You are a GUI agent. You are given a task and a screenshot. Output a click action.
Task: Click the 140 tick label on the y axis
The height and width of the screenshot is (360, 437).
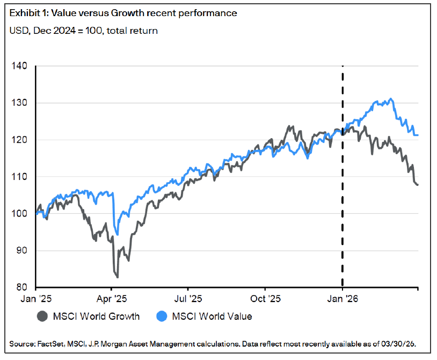[19, 66]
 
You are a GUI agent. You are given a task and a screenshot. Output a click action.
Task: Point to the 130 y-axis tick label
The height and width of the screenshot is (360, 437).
[19, 103]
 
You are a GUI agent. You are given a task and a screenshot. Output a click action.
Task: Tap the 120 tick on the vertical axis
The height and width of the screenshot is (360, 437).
[19, 140]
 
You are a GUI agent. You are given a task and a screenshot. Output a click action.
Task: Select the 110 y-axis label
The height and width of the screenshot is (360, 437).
[19, 177]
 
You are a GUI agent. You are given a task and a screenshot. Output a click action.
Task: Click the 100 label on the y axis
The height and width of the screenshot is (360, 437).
[19, 214]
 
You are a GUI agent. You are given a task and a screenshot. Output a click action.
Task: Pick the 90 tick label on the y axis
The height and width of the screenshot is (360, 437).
[20, 251]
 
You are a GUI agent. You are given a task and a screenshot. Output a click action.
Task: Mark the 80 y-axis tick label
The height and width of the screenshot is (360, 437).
[20, 287]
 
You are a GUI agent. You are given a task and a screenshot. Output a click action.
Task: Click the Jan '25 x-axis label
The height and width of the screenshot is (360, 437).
[36, 298]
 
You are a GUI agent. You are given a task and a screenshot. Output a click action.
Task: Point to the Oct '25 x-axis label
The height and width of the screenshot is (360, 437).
[266, 298]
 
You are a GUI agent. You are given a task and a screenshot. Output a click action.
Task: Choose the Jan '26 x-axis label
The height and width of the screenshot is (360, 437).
[343, 298]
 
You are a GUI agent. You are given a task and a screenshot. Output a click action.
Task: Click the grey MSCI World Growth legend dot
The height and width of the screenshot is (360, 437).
[42, 316]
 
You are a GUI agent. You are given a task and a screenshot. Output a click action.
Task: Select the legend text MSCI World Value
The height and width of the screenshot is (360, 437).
[212, 316]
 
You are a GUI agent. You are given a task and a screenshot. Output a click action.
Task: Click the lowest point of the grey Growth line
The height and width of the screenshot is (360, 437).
[117, 277]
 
